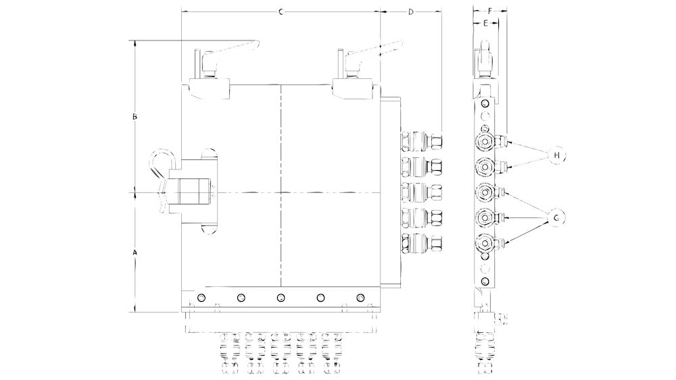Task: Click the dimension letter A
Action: [x=135, y=252]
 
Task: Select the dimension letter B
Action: [x=135, y=117]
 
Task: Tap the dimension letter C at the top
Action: [x=281, y=11]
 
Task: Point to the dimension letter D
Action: [x=411, y=11]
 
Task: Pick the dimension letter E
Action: [x=485, y=23]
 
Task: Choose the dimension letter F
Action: [x=489, y=11]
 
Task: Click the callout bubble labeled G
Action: [x=556, y=217]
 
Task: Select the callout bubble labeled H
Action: [x=556, y=155]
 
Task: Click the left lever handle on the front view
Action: [x=233, y=49]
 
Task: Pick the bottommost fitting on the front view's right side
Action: [x=422, y=242]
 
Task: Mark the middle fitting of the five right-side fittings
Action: [x=422, y=192]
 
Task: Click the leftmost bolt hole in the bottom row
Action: [x=200, y=298]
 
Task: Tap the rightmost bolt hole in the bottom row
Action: [x=360, y=298]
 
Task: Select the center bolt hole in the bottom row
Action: [x=281, y=298]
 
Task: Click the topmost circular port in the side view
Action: [x=485, y=142]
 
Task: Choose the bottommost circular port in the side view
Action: [x=485, y=244]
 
